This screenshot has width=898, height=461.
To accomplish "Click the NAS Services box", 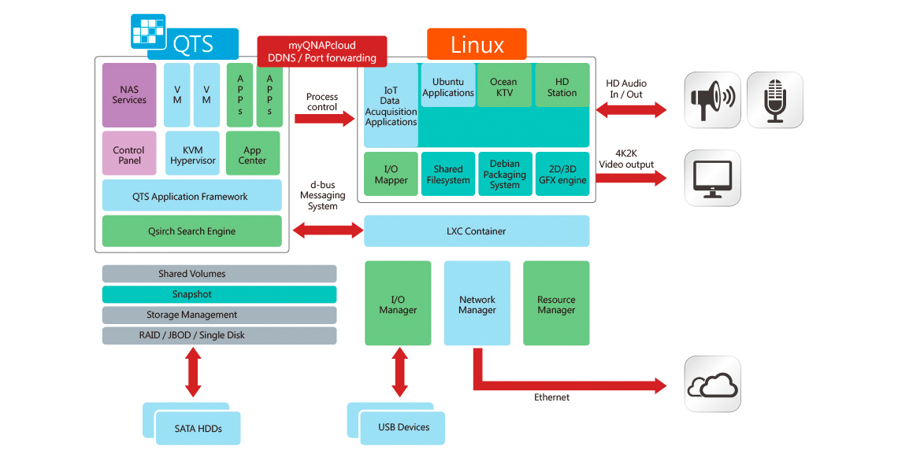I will point(129,95).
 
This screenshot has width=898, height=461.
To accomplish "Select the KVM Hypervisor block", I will point(192,155).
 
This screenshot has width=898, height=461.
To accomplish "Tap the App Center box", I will point(253,155).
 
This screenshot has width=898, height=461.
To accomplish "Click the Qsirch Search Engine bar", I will point(191,231).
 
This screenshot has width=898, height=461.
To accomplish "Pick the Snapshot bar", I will point(219,294).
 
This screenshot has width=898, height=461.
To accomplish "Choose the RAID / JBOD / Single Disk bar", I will point(219,335).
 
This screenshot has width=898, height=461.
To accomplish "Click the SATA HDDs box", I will point(198,429).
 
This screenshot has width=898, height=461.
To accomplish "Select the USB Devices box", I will point(403,427).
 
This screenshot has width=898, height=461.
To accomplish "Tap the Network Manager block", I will point(477,304).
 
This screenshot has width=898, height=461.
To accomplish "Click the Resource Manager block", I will point(556,304).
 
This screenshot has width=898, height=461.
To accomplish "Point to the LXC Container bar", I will point(476,231).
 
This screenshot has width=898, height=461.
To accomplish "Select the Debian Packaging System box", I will point(504,174).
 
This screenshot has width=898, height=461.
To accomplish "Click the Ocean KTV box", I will point(503,86).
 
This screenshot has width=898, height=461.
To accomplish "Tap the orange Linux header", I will point(477,44).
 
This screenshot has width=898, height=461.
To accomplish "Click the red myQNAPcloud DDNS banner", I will point(321,53).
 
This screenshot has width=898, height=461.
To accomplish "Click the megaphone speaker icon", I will point(712,100).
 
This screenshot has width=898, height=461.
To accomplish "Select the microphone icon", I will point(774,100).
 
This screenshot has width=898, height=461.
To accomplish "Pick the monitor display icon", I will point(712,178).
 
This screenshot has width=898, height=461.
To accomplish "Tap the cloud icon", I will point(712,384).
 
